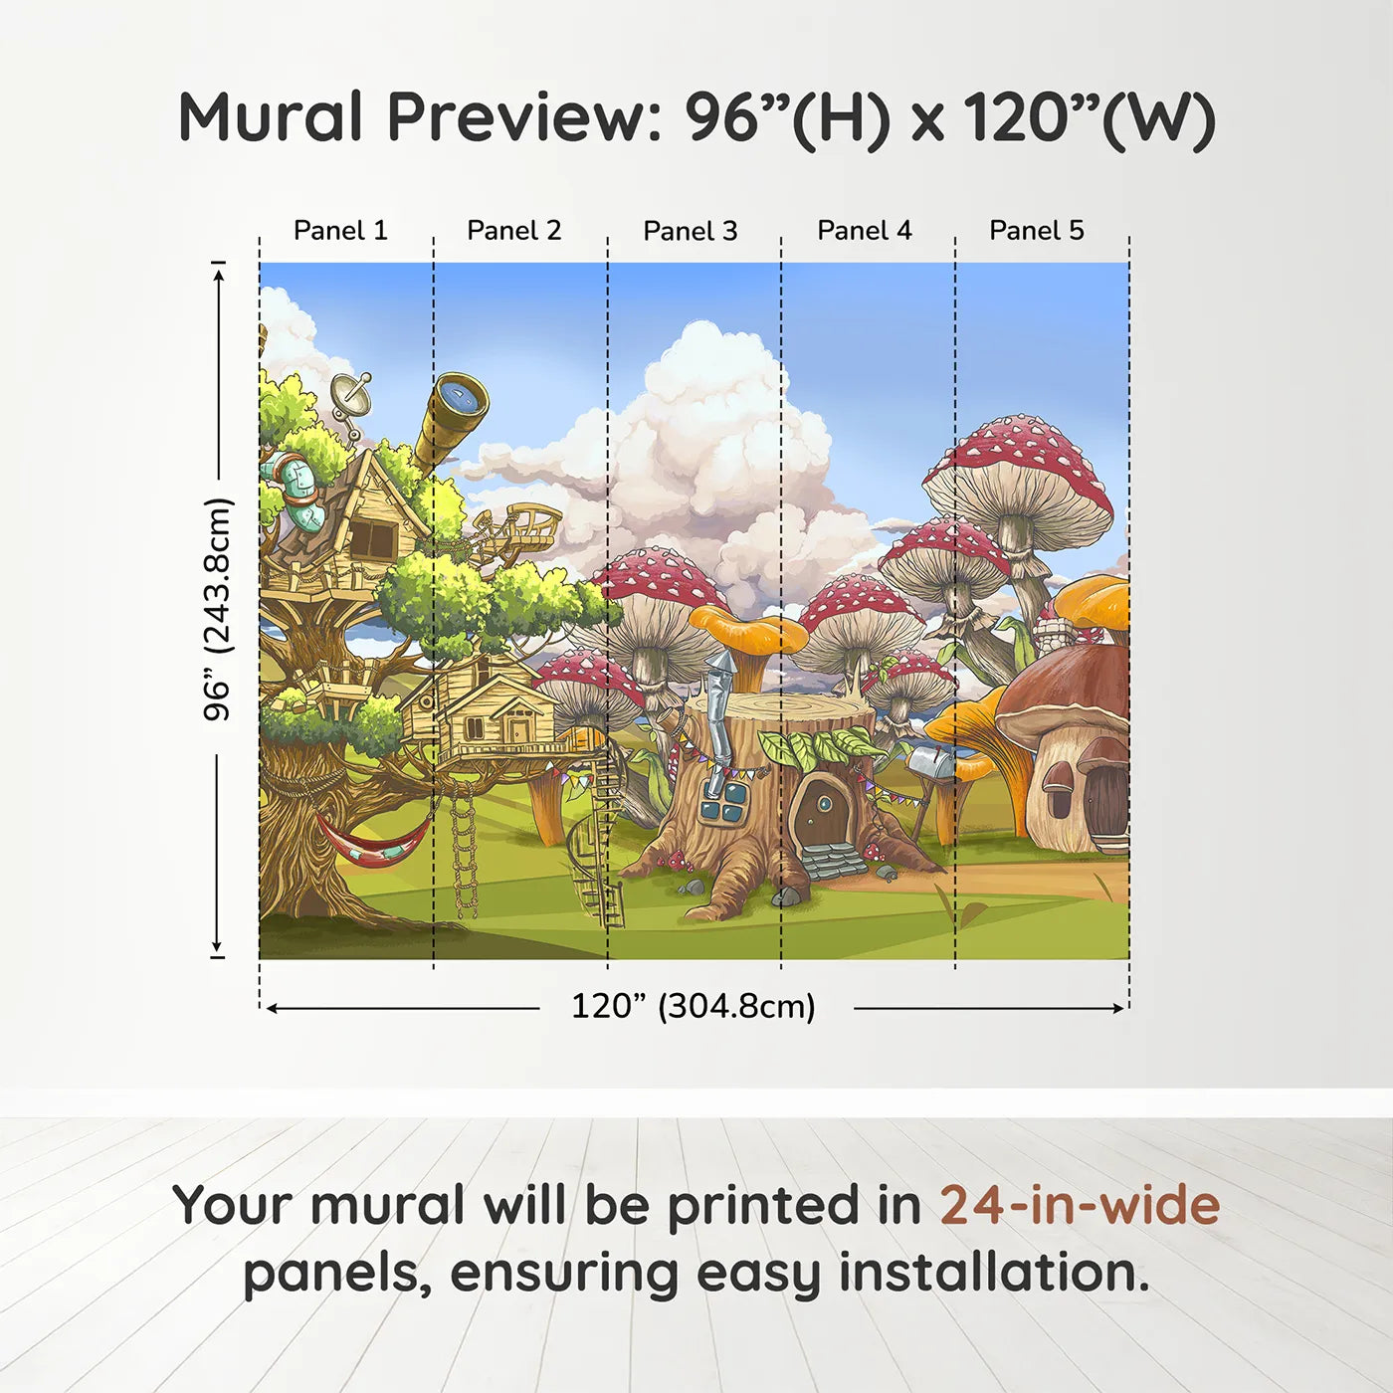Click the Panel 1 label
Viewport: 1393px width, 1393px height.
click(340, 231)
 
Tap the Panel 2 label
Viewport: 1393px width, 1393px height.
click(513, 231)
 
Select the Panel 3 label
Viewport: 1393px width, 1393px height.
click(690, 231)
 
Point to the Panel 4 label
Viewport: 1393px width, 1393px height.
click(864, 231)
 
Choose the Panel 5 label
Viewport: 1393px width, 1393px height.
click(1036, 231)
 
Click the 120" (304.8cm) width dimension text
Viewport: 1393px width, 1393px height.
click(693, 1006)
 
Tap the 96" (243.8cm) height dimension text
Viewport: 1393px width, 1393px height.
click(217, 609)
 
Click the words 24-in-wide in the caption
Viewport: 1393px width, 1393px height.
click(1079, 1205)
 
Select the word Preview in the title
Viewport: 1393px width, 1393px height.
click(517, 117)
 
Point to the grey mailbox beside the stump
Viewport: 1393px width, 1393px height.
click(930, 764)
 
